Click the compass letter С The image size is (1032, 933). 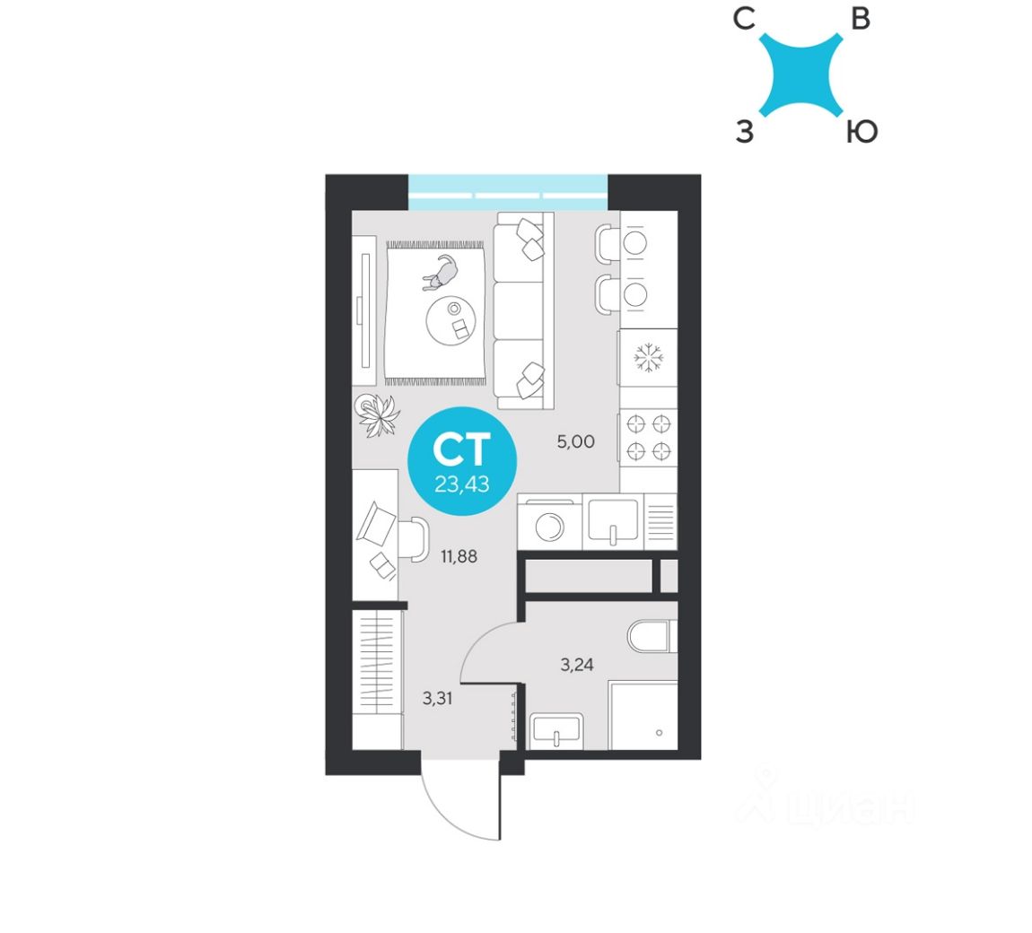tap(744, 18)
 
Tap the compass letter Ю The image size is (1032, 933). tap(861, 134)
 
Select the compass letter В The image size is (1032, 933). tap(861, 18)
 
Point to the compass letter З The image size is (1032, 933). tap(744, 134)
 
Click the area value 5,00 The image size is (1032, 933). tap(575, 441)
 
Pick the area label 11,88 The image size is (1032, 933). tap(459, 556)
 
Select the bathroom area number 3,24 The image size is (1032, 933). tap(577, 665)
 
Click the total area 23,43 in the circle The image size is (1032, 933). tap(461, 484)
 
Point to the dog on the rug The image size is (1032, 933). tap(442, 273)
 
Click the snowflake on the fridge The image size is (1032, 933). tap(649, 358)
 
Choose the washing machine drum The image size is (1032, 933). tap(549, 526)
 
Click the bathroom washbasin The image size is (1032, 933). tap(556, 731)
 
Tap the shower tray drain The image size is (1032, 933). tap(660, 733)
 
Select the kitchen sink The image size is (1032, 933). tap(613, 520)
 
